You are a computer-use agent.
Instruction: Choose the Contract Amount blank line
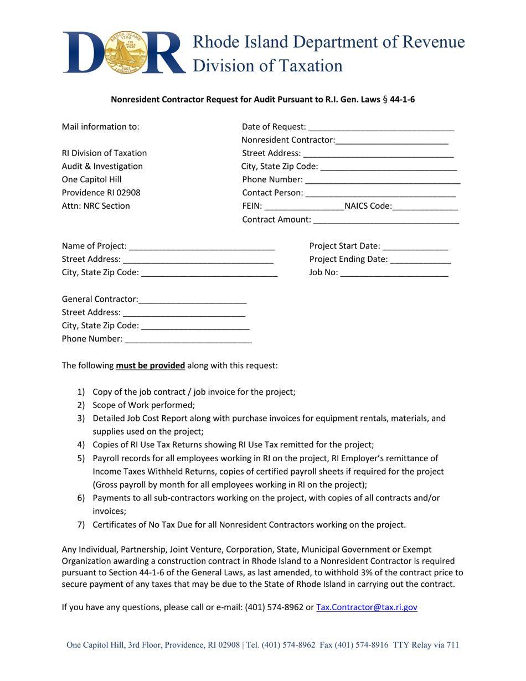click(386, 220)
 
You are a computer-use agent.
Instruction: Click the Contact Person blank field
click(380, 193)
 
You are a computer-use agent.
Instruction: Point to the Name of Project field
click(202, 246)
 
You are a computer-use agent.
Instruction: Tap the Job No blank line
click(394, 273)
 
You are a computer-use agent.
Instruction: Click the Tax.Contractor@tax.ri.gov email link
click(366, 607)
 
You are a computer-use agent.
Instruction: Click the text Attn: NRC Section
click(96, 207)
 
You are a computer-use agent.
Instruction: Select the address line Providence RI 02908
click(101, 193)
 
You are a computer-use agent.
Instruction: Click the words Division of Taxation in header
click(266, 65)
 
